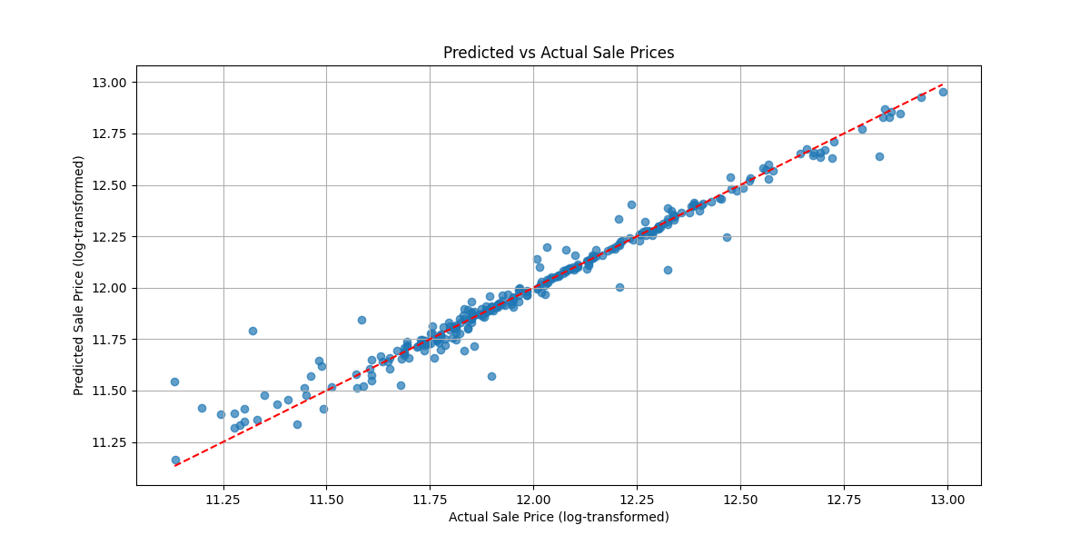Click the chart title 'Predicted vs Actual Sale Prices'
point(559,53)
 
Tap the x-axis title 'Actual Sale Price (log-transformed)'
point(559,517)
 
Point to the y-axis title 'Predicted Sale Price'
point(79,275)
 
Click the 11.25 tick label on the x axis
point(222,500)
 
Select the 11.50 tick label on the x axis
point(325,500)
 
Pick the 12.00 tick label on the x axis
point(533,500)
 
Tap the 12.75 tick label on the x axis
point(844,500)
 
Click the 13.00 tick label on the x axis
point(947,500)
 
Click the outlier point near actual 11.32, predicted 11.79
point(253,331)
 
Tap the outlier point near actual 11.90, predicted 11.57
point(491,376)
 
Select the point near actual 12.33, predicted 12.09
point(668,270)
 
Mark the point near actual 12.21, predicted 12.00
point(619,287)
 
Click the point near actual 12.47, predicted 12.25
point(727,237)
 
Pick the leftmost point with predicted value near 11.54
point(174,381)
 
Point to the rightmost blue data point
point(943,92)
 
